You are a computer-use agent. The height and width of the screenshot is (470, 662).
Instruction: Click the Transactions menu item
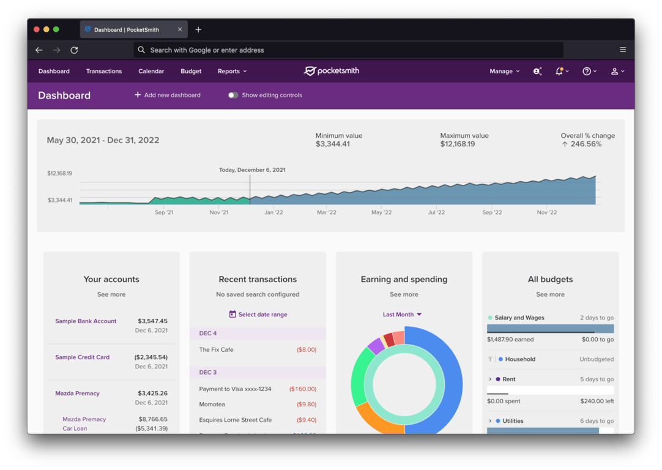(104, 71)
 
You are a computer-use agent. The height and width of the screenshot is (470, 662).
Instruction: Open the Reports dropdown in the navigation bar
(232, 71)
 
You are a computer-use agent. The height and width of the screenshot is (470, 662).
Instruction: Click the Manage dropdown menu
(504, 71)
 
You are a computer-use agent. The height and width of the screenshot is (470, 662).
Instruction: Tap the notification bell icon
(559, 71)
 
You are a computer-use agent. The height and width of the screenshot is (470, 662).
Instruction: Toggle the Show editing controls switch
(233, 95)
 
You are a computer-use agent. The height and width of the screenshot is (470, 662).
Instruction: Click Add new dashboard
(168, 95)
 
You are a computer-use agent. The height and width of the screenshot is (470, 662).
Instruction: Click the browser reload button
(74, 50)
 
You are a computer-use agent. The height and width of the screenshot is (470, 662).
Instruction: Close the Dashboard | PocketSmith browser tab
(180, 29)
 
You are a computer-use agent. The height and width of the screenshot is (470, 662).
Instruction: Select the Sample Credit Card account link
(83, 357)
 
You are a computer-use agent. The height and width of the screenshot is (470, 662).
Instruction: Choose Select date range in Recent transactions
(258, 315)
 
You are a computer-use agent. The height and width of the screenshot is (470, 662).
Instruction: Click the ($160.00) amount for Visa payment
(302, 389)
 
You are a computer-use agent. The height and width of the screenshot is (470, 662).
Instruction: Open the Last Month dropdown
(403, 315)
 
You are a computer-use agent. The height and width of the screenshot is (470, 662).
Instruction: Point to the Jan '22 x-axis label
(273, 212)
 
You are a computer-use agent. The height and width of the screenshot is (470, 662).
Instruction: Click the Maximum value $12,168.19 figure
(457, 144)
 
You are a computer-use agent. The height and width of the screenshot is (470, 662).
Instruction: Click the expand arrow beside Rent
(490, 379)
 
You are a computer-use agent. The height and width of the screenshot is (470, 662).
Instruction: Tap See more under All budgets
(550, 294)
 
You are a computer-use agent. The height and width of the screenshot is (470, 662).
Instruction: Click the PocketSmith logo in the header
(332, 71)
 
